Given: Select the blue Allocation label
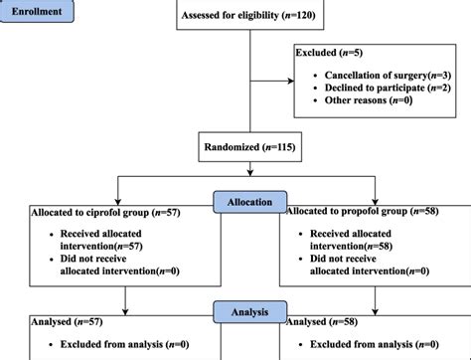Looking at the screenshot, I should pos(249,202).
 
